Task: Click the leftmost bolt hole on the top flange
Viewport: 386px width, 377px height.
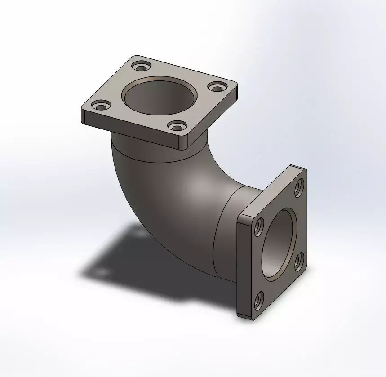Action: coord(101,106)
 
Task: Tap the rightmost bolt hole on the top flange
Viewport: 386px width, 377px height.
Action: coord(219,87)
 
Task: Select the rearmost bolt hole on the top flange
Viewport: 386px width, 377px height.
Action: coord(142,68)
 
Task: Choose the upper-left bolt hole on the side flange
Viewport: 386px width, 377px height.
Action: coord(259,227)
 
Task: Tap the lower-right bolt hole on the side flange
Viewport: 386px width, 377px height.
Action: coord(298,262)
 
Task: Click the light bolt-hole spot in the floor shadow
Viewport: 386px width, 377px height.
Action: coord(102,272)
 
